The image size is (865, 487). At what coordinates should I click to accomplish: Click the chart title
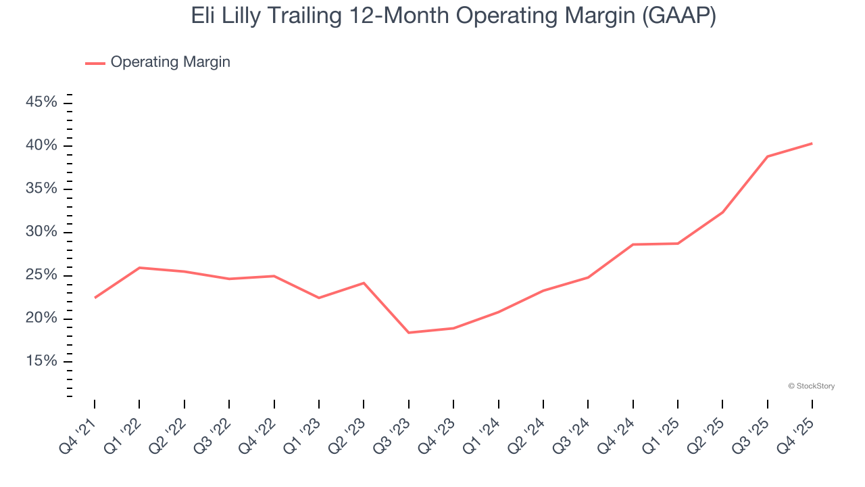tap(453, 16)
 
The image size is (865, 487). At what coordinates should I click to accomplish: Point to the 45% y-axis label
tap(41, 102)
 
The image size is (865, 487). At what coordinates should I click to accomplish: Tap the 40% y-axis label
tap(41, 145)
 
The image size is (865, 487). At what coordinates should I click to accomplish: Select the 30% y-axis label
tap(41, 232)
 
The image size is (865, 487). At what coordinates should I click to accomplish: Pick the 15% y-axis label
tap(41, 361)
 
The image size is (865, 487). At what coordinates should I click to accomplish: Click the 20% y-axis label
tap(41, 318)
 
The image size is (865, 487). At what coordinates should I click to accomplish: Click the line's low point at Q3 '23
tap(408, 333)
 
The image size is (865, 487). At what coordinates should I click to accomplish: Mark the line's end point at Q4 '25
tap(812, 143)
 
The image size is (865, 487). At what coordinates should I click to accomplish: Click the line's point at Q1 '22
tap(139, 268)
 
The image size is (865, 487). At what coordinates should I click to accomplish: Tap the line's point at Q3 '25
tap(767, 156)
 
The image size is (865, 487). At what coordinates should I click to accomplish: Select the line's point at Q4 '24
tap(633, 244)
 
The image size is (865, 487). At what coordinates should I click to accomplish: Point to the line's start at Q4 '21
tap(95, 298)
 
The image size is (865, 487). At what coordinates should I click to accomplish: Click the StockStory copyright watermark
tap(811, 386)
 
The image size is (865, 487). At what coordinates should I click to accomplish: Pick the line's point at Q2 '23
tap(364, 283)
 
